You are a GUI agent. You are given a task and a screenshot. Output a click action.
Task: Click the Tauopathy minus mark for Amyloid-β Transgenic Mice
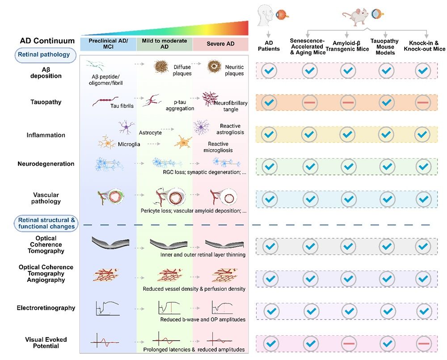(348, 103)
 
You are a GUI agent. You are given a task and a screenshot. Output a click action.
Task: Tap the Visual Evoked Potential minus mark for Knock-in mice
(424, 343)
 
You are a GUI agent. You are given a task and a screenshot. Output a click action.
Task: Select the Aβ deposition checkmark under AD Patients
(269, 71)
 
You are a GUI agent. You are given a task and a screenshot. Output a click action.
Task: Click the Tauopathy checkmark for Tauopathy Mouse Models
(386, 103)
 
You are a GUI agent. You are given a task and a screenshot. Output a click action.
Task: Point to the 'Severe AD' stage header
(220, 44)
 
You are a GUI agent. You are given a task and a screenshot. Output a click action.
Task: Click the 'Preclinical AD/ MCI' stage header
(108, 44)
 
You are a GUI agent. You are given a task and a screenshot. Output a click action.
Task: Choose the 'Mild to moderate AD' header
(164, 44)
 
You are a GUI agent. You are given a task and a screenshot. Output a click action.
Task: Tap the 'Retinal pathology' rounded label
(45, 55)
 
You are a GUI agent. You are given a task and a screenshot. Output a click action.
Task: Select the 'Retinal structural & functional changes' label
(46, 223)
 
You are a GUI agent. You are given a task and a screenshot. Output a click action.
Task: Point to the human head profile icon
(266, 16)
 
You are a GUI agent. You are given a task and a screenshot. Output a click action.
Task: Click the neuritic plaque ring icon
(215, 67)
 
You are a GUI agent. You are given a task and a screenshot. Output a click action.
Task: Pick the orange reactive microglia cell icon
(183, 142)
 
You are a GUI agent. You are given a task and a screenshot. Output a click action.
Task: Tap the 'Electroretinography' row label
(46, 308)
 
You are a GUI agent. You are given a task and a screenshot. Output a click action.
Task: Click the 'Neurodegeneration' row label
(46, 164)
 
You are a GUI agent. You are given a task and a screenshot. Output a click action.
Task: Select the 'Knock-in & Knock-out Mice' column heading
(424, 46)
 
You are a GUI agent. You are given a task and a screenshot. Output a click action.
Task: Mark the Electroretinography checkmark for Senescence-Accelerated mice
(311, 311)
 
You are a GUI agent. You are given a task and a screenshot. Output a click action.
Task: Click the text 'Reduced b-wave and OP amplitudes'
(202, 319)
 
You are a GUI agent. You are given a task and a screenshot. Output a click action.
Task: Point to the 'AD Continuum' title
(47, 41)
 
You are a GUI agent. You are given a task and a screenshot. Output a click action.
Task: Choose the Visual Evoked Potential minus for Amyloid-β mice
(349, 343)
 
